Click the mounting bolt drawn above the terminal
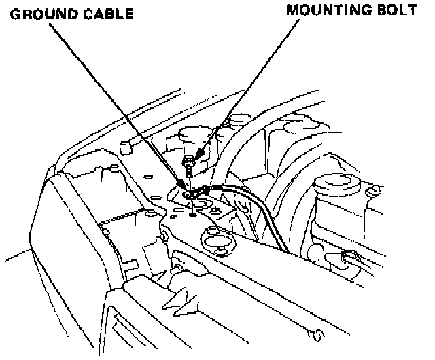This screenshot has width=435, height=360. pos(188,164)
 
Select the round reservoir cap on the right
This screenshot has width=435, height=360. pos(335,182)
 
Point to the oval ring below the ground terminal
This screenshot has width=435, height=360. pos(216,241)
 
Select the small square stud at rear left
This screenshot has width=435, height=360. pos(124,145)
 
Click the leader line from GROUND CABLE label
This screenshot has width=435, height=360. pos(116,98)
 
